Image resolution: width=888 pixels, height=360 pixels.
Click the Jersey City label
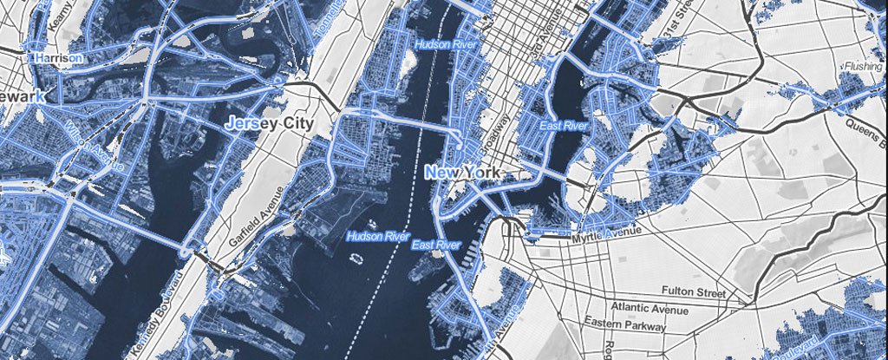(x=269, y=123)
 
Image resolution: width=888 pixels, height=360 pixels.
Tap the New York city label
(x=463, y=173)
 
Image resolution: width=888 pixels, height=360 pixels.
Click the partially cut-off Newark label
(x=22, y=96)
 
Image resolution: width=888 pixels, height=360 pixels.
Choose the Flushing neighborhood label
(x=863, y=66)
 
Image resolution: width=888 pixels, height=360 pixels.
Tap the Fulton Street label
(x=691, y=290)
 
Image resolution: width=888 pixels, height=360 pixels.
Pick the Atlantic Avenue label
(x=650, y=308)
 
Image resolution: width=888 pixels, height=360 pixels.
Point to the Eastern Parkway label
(x=626, y=326)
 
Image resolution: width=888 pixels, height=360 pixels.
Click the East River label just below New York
(x=436, y=245)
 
